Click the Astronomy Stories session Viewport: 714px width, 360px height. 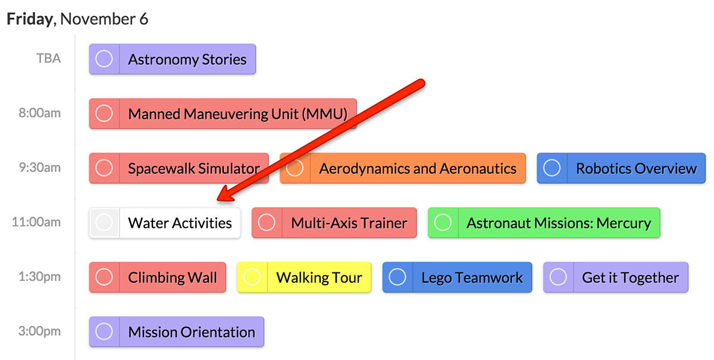point(173,59)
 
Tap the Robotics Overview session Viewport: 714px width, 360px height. point(621,168)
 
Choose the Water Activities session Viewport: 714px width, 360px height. point(165,223)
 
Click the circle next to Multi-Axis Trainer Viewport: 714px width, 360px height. point(267,223)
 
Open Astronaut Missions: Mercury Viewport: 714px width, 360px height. point(544,223)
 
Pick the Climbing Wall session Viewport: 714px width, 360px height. point(158,277)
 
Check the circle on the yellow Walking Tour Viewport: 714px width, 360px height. point(252,277)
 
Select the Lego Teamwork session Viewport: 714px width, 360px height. point(457,277)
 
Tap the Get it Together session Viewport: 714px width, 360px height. point(616,277)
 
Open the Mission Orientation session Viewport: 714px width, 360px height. point(177,331)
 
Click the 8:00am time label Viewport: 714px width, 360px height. point(39,113)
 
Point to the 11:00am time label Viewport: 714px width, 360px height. point(36,222)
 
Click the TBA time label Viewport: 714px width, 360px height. point(48,58)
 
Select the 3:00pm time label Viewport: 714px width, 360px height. point(39,331)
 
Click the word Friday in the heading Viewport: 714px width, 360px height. point(30,19)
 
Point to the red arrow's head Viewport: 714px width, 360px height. point(217,200)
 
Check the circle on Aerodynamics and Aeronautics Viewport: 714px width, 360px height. point(295,168)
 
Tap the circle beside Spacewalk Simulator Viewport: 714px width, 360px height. point(104,168)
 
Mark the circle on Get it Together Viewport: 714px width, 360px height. point(559,277)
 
